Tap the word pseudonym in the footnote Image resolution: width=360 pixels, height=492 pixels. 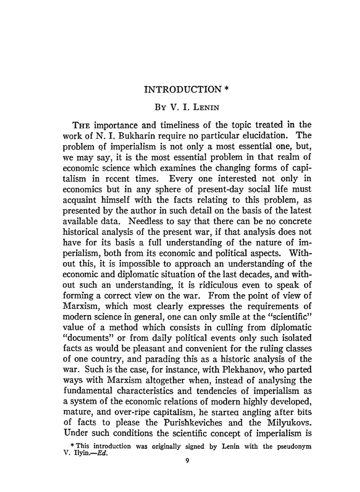point(294,446)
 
